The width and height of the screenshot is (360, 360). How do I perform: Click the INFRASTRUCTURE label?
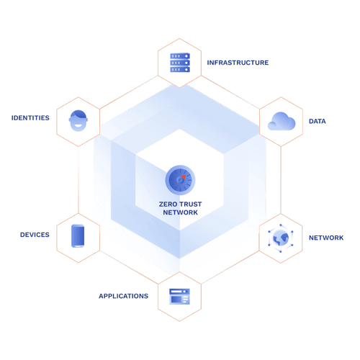click(x=238, y=63)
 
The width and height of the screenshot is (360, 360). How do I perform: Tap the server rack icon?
click(x=179, y=62)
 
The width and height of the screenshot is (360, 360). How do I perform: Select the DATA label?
click(x=317, y=121)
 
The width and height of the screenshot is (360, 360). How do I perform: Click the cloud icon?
click(x=279, y=122)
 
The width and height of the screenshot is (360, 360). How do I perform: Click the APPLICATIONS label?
click(x=124, y=296)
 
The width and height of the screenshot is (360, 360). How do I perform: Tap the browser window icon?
click(x=179, y=295)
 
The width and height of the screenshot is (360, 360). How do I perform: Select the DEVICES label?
click(x=35, y=235)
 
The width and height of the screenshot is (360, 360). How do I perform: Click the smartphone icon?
click(x=79, y=237)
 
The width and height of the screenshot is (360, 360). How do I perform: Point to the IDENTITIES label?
click(x=30, y=117)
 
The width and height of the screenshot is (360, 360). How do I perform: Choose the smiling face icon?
click(x=79, y=120)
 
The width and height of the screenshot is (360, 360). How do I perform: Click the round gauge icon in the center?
click(x=179, y=178)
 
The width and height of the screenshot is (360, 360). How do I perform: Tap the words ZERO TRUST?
click(x=180, y=204)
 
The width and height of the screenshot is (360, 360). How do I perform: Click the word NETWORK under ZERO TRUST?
click(x=180, y=213)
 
